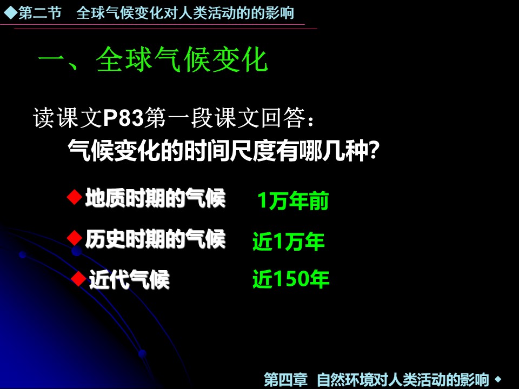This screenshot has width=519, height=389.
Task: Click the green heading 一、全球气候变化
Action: pyautogui.click(x=152, y=61)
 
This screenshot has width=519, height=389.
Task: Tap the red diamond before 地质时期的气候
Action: pyautogui.click(x=74, y=198)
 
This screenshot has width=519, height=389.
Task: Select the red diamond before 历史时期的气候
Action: pyautogui.click(x=74, y=236)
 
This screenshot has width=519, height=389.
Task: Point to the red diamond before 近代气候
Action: pyautogui.click(x=79, y=278)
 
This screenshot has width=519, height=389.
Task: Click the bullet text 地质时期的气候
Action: pyautogui.click(x=155, y=199)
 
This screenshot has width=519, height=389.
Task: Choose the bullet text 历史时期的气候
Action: pyautogui.click(x=155, y=238)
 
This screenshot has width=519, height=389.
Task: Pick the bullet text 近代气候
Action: pyautogui.click(x=129, y=279)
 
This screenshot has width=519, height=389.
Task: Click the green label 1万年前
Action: pyautogui.click(x=293, y=202)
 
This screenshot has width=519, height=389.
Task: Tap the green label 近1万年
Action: pyautogui.click(x=289, y=242)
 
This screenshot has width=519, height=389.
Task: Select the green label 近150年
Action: pyautogui.click(x=291, y=279)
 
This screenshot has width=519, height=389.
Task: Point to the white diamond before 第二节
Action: pyautogui.click(x=10, y=12)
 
